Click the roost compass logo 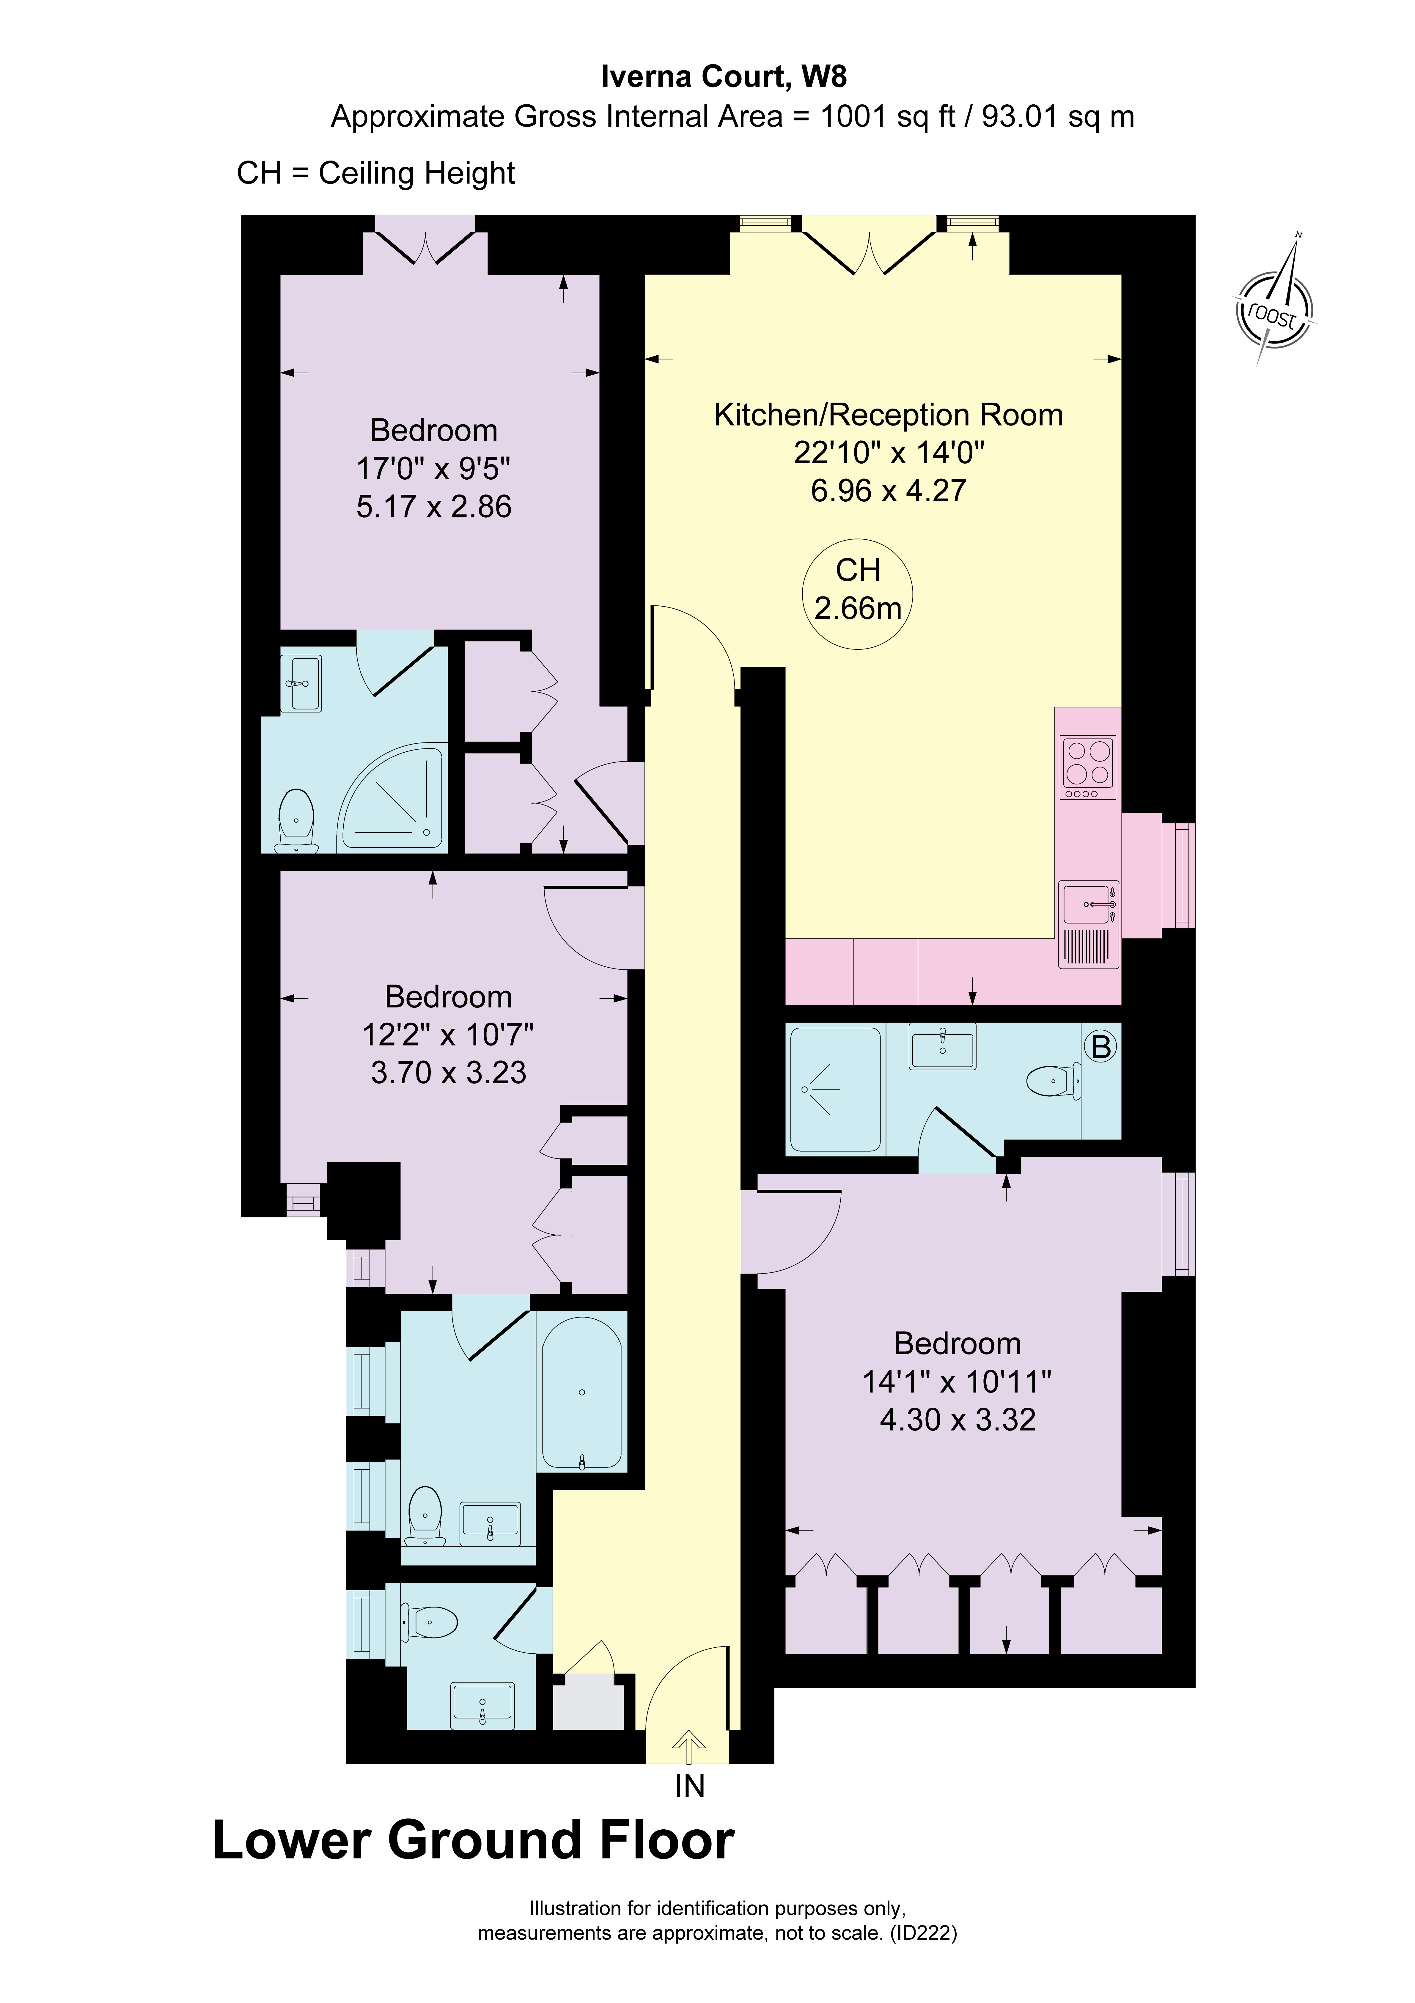1275,310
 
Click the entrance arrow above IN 689,1745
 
